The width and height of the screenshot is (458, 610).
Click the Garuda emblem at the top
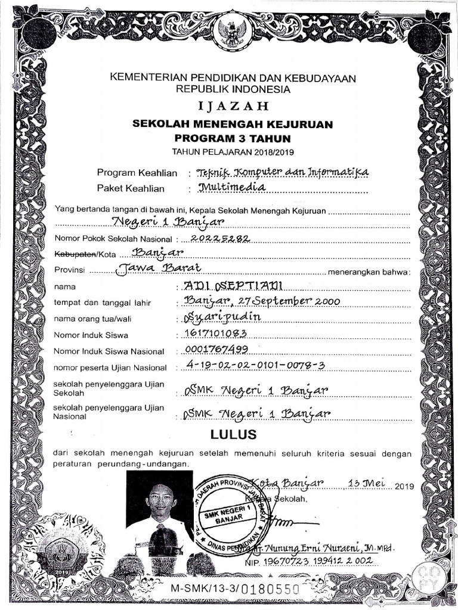click(x=229, y=33)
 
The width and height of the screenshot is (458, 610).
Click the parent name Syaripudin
click(x=224, y=317)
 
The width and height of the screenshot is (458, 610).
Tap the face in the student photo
click(x=161, y=499)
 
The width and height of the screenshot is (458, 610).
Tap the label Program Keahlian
click(x=137, y=173)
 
